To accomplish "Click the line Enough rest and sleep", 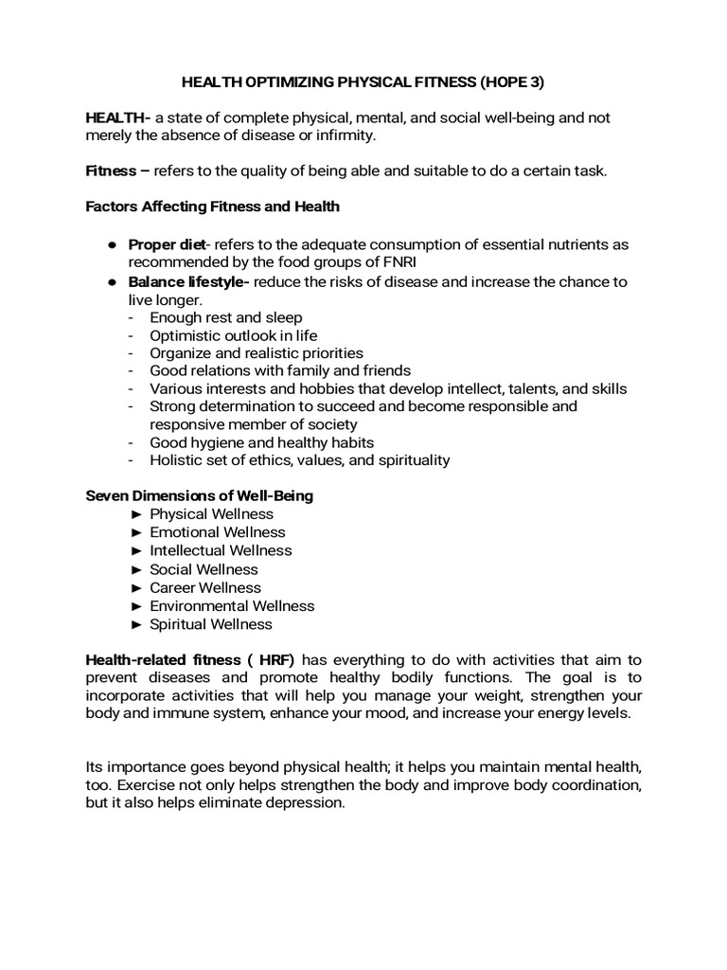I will pos(225,317).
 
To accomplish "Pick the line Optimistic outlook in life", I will pos(233,335).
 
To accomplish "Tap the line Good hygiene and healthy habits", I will pos(261,442).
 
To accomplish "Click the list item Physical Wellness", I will pos(211,513).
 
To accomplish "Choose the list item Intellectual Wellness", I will pos(221,550).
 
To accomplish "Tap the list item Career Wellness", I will pos(204,587).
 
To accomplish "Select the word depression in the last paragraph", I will pos(306,802).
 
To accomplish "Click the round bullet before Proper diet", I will pos(111,245).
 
